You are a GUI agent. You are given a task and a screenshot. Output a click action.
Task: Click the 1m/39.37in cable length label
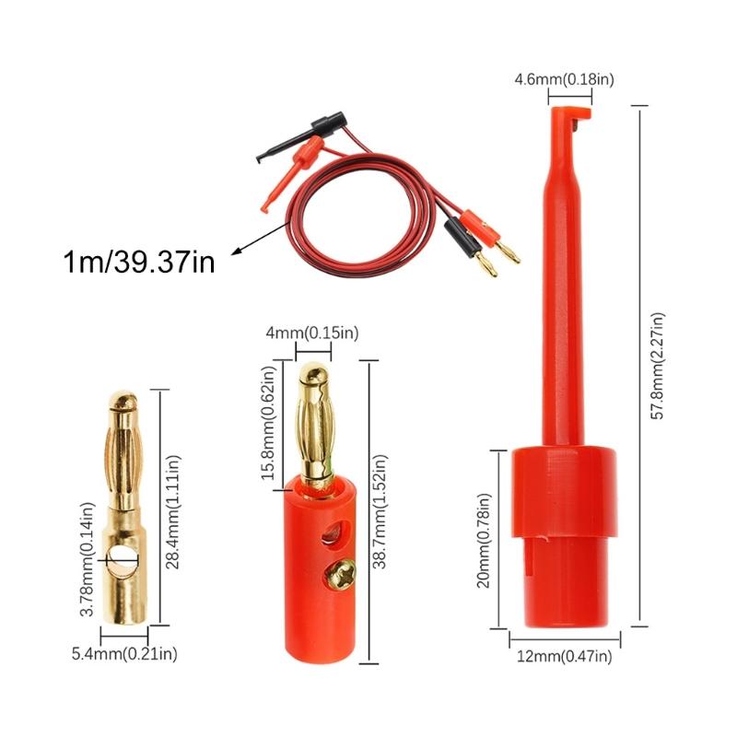(139, 263)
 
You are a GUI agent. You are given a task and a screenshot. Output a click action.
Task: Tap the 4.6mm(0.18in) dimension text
(564, 80)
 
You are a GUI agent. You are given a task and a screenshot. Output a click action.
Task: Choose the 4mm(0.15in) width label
(311, 333)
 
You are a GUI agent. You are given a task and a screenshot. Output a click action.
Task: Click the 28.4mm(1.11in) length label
(173, 511)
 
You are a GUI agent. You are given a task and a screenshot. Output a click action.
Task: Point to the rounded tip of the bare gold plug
(123, 403)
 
